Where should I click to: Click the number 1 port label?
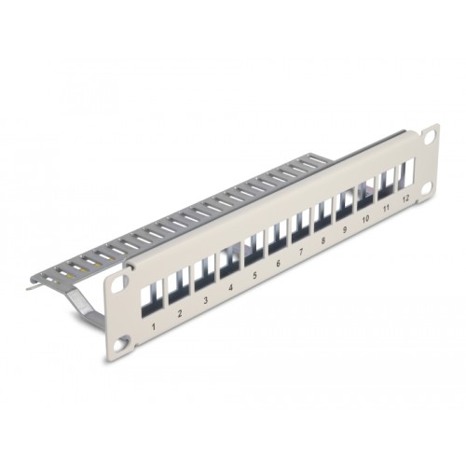click(153, 327)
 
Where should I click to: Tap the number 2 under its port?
click(179, 314)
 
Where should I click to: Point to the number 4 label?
click(229, 290)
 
